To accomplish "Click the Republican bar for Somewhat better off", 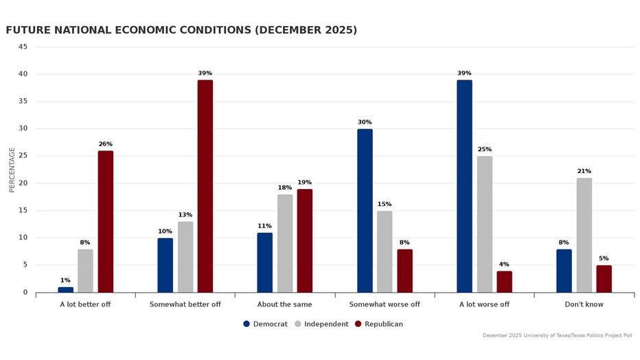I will [205, 186].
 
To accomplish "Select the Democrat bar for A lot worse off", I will [464, 186].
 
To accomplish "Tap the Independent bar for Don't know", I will [584, 235].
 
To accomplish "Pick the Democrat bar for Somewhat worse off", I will [365, 210].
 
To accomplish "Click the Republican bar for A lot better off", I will [106, 221].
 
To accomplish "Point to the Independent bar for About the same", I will [285, 243].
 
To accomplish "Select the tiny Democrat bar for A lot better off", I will [65, 289].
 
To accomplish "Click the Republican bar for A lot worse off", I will [504, 282].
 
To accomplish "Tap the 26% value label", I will [106, 144].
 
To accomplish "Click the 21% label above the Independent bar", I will [584, 171].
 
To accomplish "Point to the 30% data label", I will [365, 122].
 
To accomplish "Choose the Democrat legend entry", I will [265, 324].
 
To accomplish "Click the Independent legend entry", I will [322, 324].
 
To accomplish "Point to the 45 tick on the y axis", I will [23, 47].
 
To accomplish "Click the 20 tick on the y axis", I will [23, 183].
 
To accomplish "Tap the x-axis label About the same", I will [284, 304].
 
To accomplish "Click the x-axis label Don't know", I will [584, 304].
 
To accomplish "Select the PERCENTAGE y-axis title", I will [12, 169].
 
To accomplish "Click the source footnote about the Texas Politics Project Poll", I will [557, 335].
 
